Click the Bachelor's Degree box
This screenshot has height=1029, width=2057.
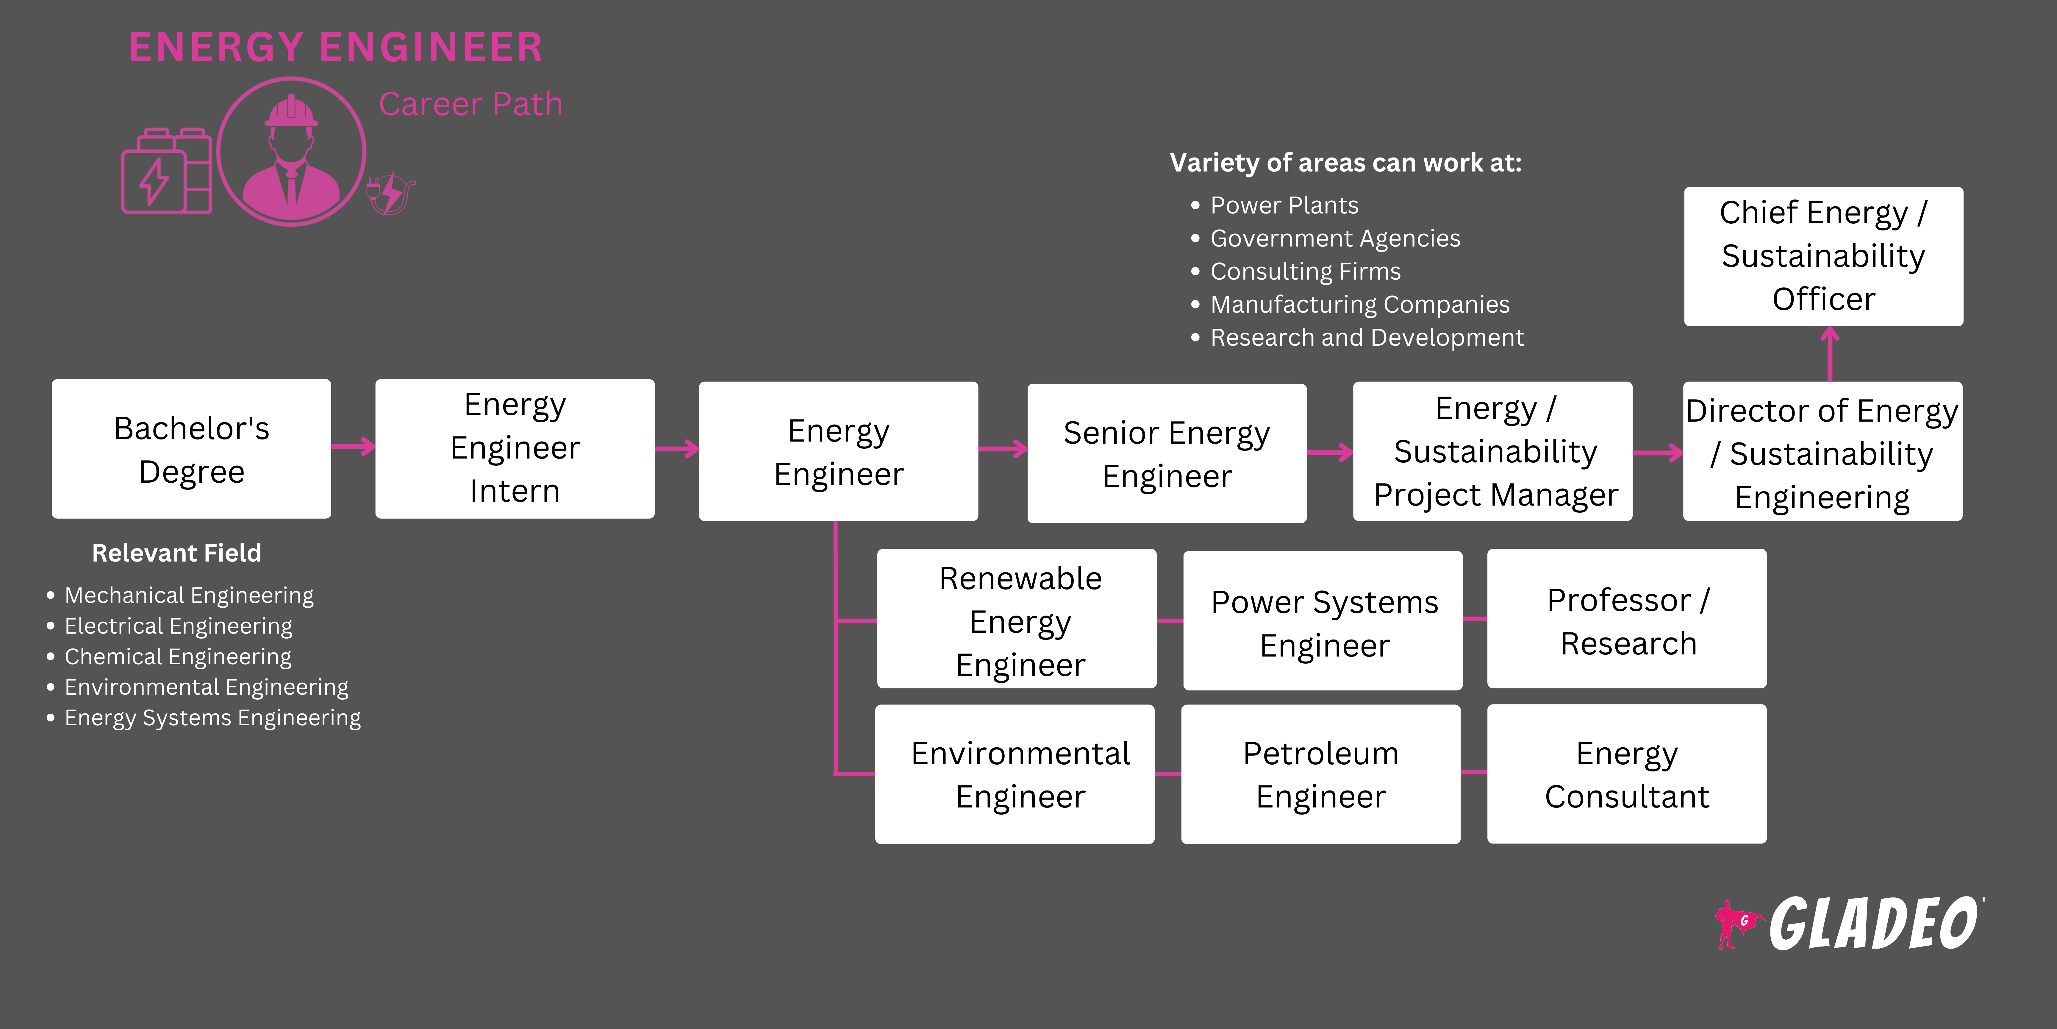tap(192, 449)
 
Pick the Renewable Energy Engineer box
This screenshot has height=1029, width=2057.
tap(1017, 618)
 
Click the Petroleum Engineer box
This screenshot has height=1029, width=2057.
tap(1321, 774)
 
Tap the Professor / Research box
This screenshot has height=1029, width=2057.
tap(1627, 618)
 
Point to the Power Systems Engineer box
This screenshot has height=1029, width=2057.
tap(1323, 621)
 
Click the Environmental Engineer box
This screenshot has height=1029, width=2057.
tap(1015, 774)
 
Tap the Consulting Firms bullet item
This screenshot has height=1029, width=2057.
tap(1305, 272)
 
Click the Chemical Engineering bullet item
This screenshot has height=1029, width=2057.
tap(177, 657)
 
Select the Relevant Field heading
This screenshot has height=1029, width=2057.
tap(176, 553)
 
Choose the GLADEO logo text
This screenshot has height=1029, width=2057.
tap(1872, 924)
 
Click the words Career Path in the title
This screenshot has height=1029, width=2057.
tap(470, 105)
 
